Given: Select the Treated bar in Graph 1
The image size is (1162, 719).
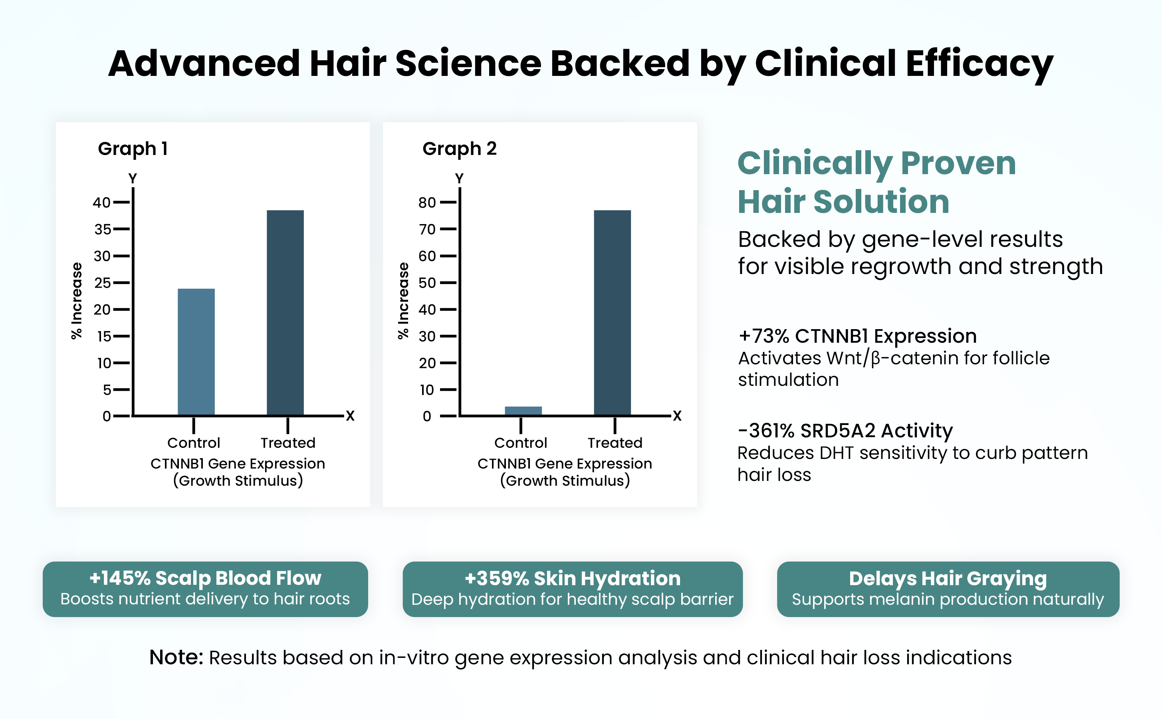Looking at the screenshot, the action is tap(285, 312).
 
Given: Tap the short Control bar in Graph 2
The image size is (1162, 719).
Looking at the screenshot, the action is tap(523, 411).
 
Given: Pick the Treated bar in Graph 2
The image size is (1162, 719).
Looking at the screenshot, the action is tap(612, 312).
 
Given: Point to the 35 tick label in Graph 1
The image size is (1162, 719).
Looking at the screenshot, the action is tap(102, 229).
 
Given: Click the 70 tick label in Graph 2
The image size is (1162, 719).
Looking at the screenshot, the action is tap(427, 229).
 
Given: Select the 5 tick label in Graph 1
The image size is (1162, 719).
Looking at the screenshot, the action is tap(107, 390).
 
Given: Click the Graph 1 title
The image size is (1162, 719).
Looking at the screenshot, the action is tap(133, 149).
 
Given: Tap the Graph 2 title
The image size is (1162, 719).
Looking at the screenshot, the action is tap(459, 149).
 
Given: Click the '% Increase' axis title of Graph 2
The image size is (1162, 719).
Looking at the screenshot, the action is tap(403, 300).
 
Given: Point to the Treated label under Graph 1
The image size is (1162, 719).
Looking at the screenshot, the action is tap(288, 443).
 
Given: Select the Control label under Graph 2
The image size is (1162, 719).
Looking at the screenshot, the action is tap(520, 443).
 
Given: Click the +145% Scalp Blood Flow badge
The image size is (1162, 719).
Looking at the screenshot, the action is tap(205, 589).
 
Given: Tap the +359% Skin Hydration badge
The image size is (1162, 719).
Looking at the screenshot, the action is tap(572, 589).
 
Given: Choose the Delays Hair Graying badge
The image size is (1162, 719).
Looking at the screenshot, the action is tap(948, 589).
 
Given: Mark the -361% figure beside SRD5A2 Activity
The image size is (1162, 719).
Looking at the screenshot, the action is tap(765, 431).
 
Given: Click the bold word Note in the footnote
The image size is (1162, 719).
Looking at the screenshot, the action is tap(176, 657).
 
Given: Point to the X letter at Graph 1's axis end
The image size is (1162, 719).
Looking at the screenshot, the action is tap(350, 416).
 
